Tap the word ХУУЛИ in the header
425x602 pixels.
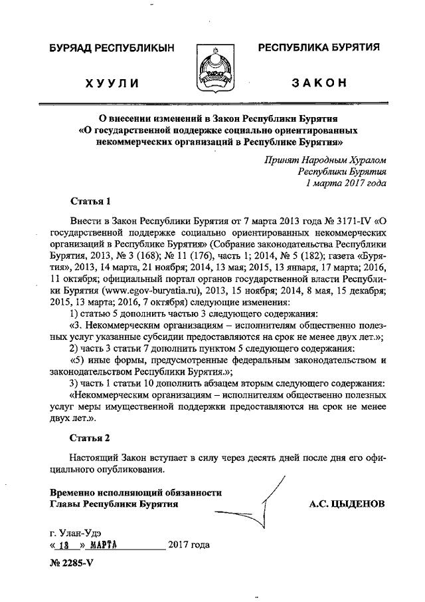[x=112, y=83]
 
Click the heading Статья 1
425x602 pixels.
[x=89, y=200]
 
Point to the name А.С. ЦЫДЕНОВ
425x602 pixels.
[x=347, y=504]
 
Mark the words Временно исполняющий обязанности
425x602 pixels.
[x=135, y=492]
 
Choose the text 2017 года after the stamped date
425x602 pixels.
[x=189, y=545]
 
